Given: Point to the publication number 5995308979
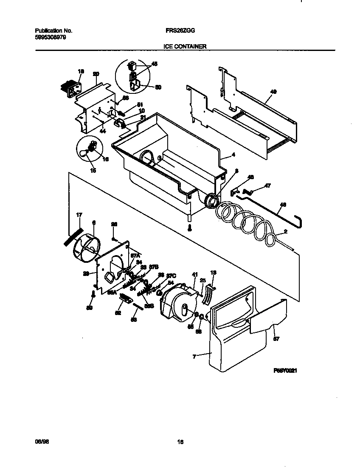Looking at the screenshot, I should tap(50, 37).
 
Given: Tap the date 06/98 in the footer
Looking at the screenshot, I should tap(39, 442).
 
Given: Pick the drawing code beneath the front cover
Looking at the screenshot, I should tap(284, 370).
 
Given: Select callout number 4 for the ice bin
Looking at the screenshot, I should tap(233, 155).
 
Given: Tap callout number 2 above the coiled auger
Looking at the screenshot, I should tap(286, 232).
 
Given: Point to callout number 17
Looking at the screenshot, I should tap(79, 215).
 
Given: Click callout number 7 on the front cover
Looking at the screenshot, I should tap(194, 357).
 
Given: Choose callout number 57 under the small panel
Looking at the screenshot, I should tap(276, 339).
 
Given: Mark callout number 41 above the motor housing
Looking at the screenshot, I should tap(195, 274).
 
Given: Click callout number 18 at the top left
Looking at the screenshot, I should tap(81, 71).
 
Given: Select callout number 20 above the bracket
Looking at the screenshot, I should tap(96, 74).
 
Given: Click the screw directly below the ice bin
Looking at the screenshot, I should tap(190, 228).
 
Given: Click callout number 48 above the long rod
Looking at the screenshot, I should tap(283, 205).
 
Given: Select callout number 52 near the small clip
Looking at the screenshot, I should tap(118, 313).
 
